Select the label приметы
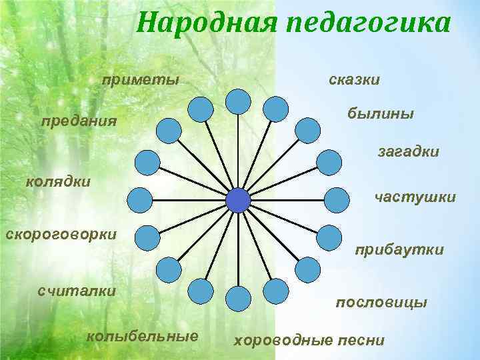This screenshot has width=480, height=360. pos(140,81)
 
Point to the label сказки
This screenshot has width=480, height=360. pos(355,80)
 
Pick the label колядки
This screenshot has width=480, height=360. pos(57,181)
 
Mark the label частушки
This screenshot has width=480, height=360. pos(415,197)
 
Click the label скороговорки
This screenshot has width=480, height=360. pos(61,234)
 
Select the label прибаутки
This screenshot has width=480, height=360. pos(399,250)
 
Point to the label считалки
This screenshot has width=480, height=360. pos(77,291)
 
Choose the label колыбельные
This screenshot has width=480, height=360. pos(142,335)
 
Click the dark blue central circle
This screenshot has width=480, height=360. pos(238,200)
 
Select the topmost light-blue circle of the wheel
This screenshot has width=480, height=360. pos(238,101)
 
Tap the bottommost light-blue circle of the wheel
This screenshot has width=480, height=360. pos(238,299)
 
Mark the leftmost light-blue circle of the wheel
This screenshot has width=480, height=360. pos(139,199)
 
